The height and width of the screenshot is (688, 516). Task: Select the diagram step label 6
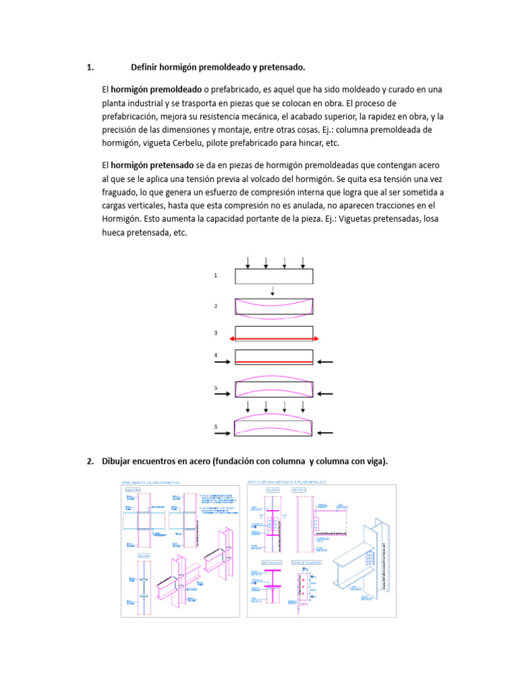click(x=216, y=427)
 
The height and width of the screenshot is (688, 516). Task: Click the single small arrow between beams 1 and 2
click(x=273, y=291)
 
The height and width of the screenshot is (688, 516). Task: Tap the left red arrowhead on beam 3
click(x=233, y=339)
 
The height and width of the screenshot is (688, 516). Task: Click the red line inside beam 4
click(x=274, y=363)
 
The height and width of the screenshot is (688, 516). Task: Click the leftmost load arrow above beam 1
click(x=248, y=261)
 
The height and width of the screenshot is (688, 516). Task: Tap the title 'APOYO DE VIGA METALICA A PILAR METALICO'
click(x=287, y=482)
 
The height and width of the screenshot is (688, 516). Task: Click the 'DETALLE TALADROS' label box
click(x=307, y=561)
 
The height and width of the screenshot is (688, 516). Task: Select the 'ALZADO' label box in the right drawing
click(x=273, y=490)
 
